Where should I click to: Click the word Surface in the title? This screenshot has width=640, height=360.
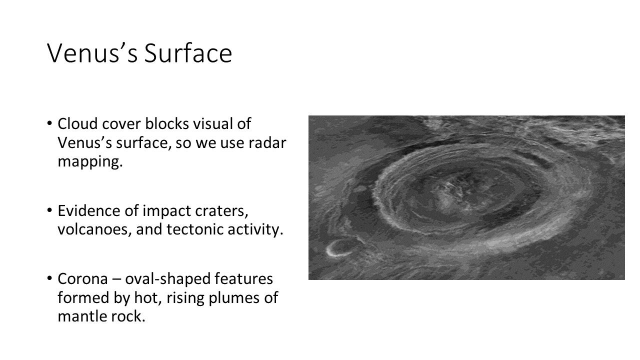coord(188,53)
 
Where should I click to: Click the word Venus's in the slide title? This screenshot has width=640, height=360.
coord(92,53)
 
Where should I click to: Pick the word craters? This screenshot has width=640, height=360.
coord(221,211)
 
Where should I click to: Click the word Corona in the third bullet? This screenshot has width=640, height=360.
coord(83,278)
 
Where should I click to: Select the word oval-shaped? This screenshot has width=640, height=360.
coord(199,279)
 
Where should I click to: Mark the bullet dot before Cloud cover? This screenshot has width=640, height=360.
coord(49,123)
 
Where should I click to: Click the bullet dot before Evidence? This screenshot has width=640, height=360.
coord(49,210)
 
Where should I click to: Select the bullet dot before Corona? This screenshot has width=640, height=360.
coord(49,278)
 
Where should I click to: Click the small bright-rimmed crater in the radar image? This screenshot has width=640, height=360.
coord(341,247)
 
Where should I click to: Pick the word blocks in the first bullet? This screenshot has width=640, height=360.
coord(167,123)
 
